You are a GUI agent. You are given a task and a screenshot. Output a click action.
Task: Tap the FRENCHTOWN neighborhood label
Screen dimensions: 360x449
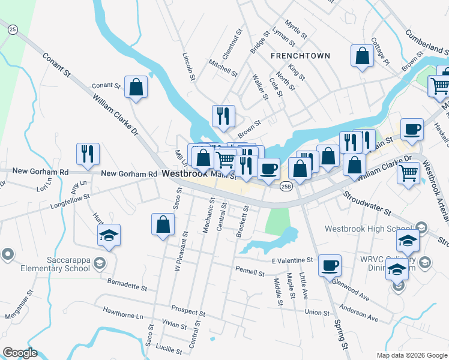(x=300, y=56)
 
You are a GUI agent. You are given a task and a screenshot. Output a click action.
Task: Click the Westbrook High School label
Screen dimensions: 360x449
(x=367, y=229)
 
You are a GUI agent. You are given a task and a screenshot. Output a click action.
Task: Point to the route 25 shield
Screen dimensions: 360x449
(x=13, y=28)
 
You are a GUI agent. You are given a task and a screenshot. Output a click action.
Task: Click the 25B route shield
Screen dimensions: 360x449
(x=286, y=187)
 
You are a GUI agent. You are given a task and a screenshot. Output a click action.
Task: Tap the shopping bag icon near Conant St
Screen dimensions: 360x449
(x=136, y=88)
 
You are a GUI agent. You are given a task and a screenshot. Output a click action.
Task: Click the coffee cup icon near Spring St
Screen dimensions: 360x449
(x=329, y=265)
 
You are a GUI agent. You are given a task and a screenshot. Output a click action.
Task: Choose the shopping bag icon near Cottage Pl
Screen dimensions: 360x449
(x=363, y=56)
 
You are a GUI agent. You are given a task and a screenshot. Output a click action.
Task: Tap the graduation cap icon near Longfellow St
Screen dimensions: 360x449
(x=109, y=235)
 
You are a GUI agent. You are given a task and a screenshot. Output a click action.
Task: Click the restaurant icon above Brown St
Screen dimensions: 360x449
(x=224, y=116)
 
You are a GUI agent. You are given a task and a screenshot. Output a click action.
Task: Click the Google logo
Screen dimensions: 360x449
(x=20, y=353)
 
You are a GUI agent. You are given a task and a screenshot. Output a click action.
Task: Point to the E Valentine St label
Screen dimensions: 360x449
(x=292, y=260)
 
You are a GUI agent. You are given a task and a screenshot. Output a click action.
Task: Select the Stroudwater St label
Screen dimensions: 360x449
(x=367, y=203)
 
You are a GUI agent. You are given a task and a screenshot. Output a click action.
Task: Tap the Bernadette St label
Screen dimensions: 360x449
(x=127, y=283)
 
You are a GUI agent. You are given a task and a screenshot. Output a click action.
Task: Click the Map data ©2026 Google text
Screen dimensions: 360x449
(x=411, y=355)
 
